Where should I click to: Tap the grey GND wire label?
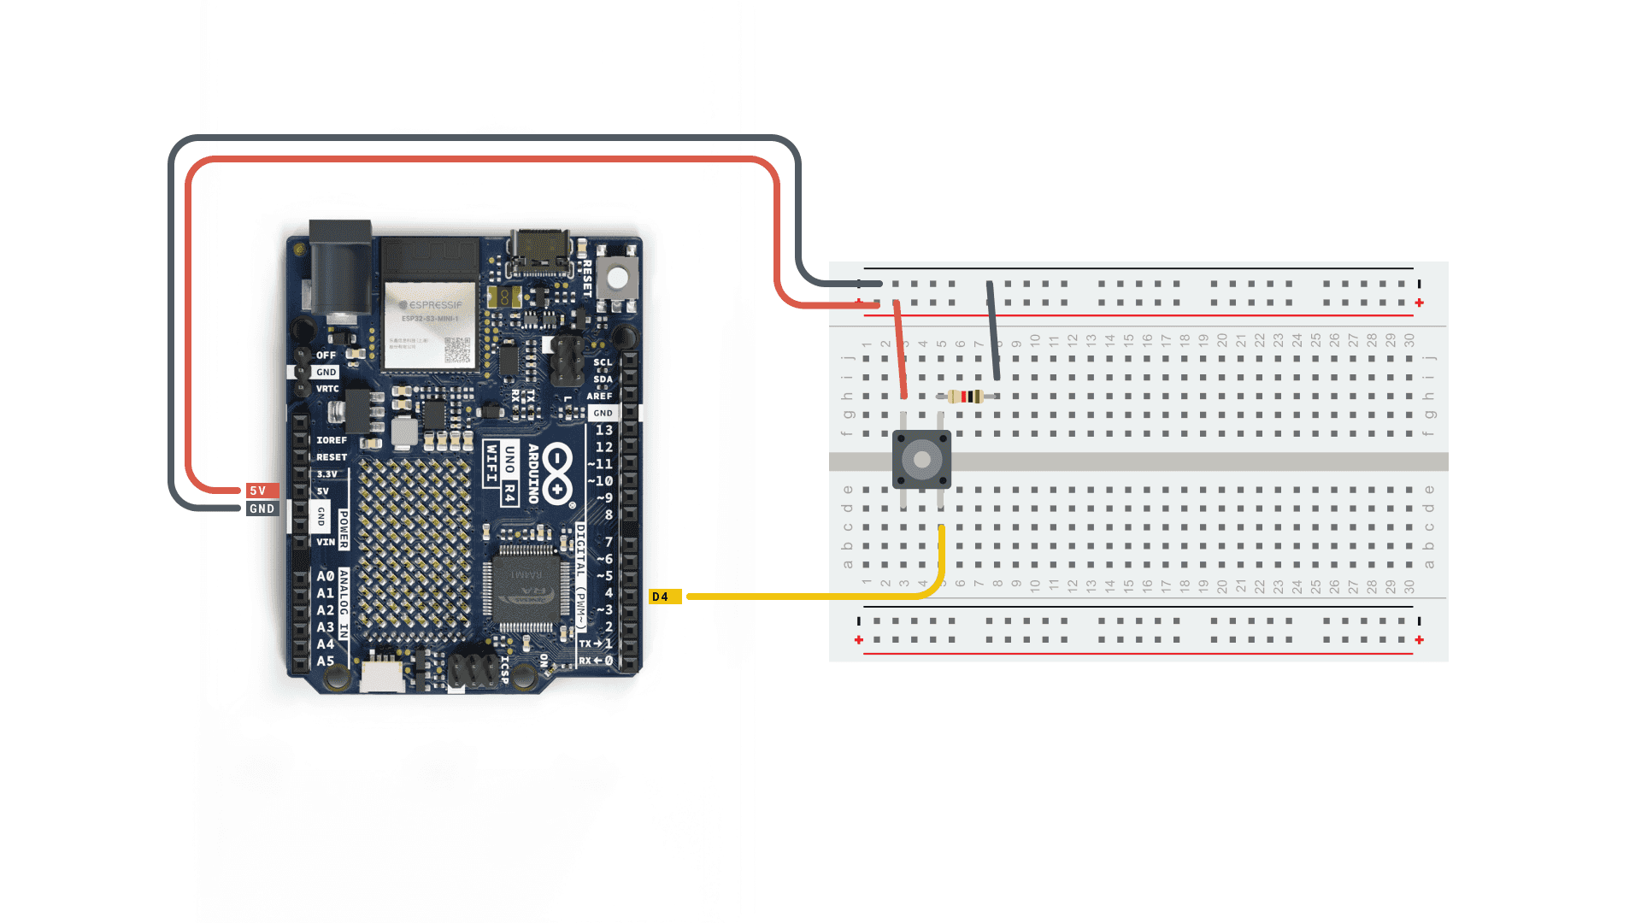[x=262, y=509]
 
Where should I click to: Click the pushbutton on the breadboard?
[x=921, y=460]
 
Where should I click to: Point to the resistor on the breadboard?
[x=967, y=397]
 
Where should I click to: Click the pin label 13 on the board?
[x=603, y=430]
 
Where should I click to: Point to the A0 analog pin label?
[x=326, y=576]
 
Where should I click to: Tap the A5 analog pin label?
[x=326, y=661]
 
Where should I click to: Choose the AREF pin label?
[x=599, y=396]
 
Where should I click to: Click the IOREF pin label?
[x=332, y=440]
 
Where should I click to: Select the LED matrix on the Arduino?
[x=414, y=547]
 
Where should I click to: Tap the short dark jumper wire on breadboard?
[x=993, y=330]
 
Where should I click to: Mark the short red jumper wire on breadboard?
[x=900, y=349]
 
